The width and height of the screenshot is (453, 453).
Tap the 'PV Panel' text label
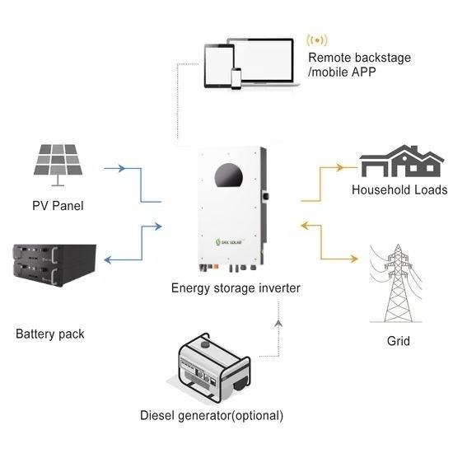58,205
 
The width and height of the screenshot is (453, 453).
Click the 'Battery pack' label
49,334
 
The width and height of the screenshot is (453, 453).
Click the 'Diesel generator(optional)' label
212,415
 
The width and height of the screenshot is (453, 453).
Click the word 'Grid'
398,340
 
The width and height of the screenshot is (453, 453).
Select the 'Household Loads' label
399,189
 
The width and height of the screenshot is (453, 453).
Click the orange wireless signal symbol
316,40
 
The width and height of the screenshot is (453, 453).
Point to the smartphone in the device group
236,78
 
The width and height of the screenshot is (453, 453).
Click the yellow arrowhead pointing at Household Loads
344,169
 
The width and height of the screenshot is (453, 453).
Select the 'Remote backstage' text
359,58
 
